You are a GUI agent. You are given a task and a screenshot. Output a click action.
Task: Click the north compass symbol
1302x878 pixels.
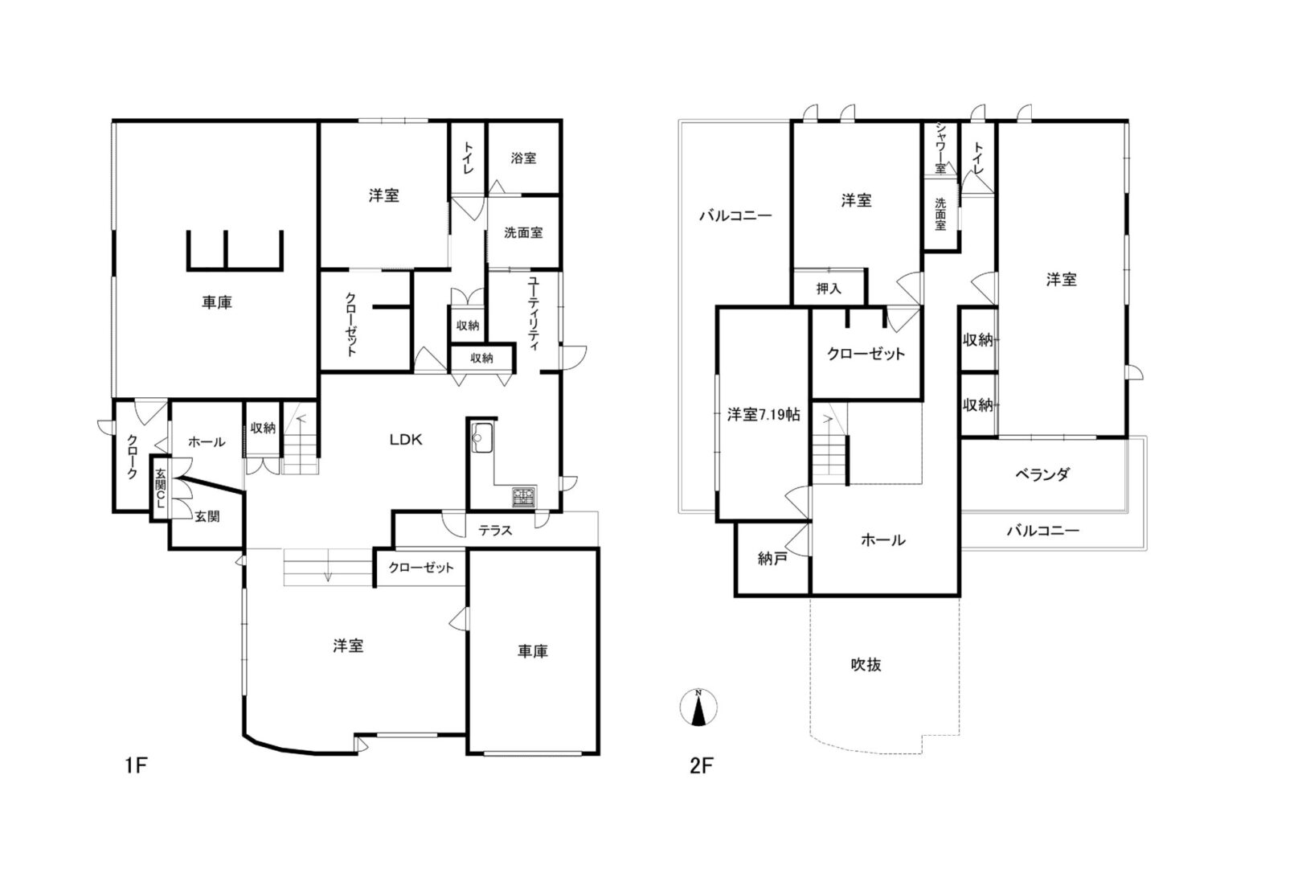click(x=698, y=707)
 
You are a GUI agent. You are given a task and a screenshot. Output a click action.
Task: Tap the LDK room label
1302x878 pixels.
click(x=406, y=440)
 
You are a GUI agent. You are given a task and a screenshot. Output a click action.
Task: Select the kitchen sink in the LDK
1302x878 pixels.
click(x=482, y=437)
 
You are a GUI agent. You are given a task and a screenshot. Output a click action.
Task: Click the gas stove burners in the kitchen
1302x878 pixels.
click(x=524, y=496)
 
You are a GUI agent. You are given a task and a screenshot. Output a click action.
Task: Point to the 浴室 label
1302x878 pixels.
click(x=523, y=158)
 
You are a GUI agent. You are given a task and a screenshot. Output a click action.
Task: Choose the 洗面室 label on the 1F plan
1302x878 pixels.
click(x=523, y=232)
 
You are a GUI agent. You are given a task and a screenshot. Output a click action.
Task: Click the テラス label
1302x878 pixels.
click(x=495, y=531)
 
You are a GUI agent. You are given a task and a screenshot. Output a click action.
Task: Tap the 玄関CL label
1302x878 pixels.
click(x=161, y=489)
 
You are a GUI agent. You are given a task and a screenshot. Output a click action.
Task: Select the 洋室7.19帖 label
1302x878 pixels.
click(x=764, y=415)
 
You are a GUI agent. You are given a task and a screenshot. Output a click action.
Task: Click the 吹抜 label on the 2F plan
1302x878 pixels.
click(x=866, y=665)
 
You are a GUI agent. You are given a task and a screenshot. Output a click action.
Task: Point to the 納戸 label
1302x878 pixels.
click(x=772, y=559)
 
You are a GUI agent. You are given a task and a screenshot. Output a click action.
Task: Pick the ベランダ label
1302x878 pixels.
click(x=1042, y=474)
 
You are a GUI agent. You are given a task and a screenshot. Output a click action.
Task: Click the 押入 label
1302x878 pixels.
click(x=829, y=289)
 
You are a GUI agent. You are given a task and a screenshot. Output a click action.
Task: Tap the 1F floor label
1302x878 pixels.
click(x=136, y=765)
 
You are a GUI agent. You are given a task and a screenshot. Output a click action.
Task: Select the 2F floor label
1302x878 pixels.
click(x=701, y=765)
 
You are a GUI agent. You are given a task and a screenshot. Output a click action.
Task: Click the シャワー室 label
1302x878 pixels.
click(x=940, y=148)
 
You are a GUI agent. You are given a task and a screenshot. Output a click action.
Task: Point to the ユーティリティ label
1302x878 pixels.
click(x=534, y=314)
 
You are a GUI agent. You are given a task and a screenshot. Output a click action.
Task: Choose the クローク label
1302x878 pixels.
click(x=132, y=457)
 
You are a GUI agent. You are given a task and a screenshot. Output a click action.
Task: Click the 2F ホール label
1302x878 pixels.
click(x=883, y=540)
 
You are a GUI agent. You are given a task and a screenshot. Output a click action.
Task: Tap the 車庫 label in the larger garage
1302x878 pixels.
click(x=217, y=302)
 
